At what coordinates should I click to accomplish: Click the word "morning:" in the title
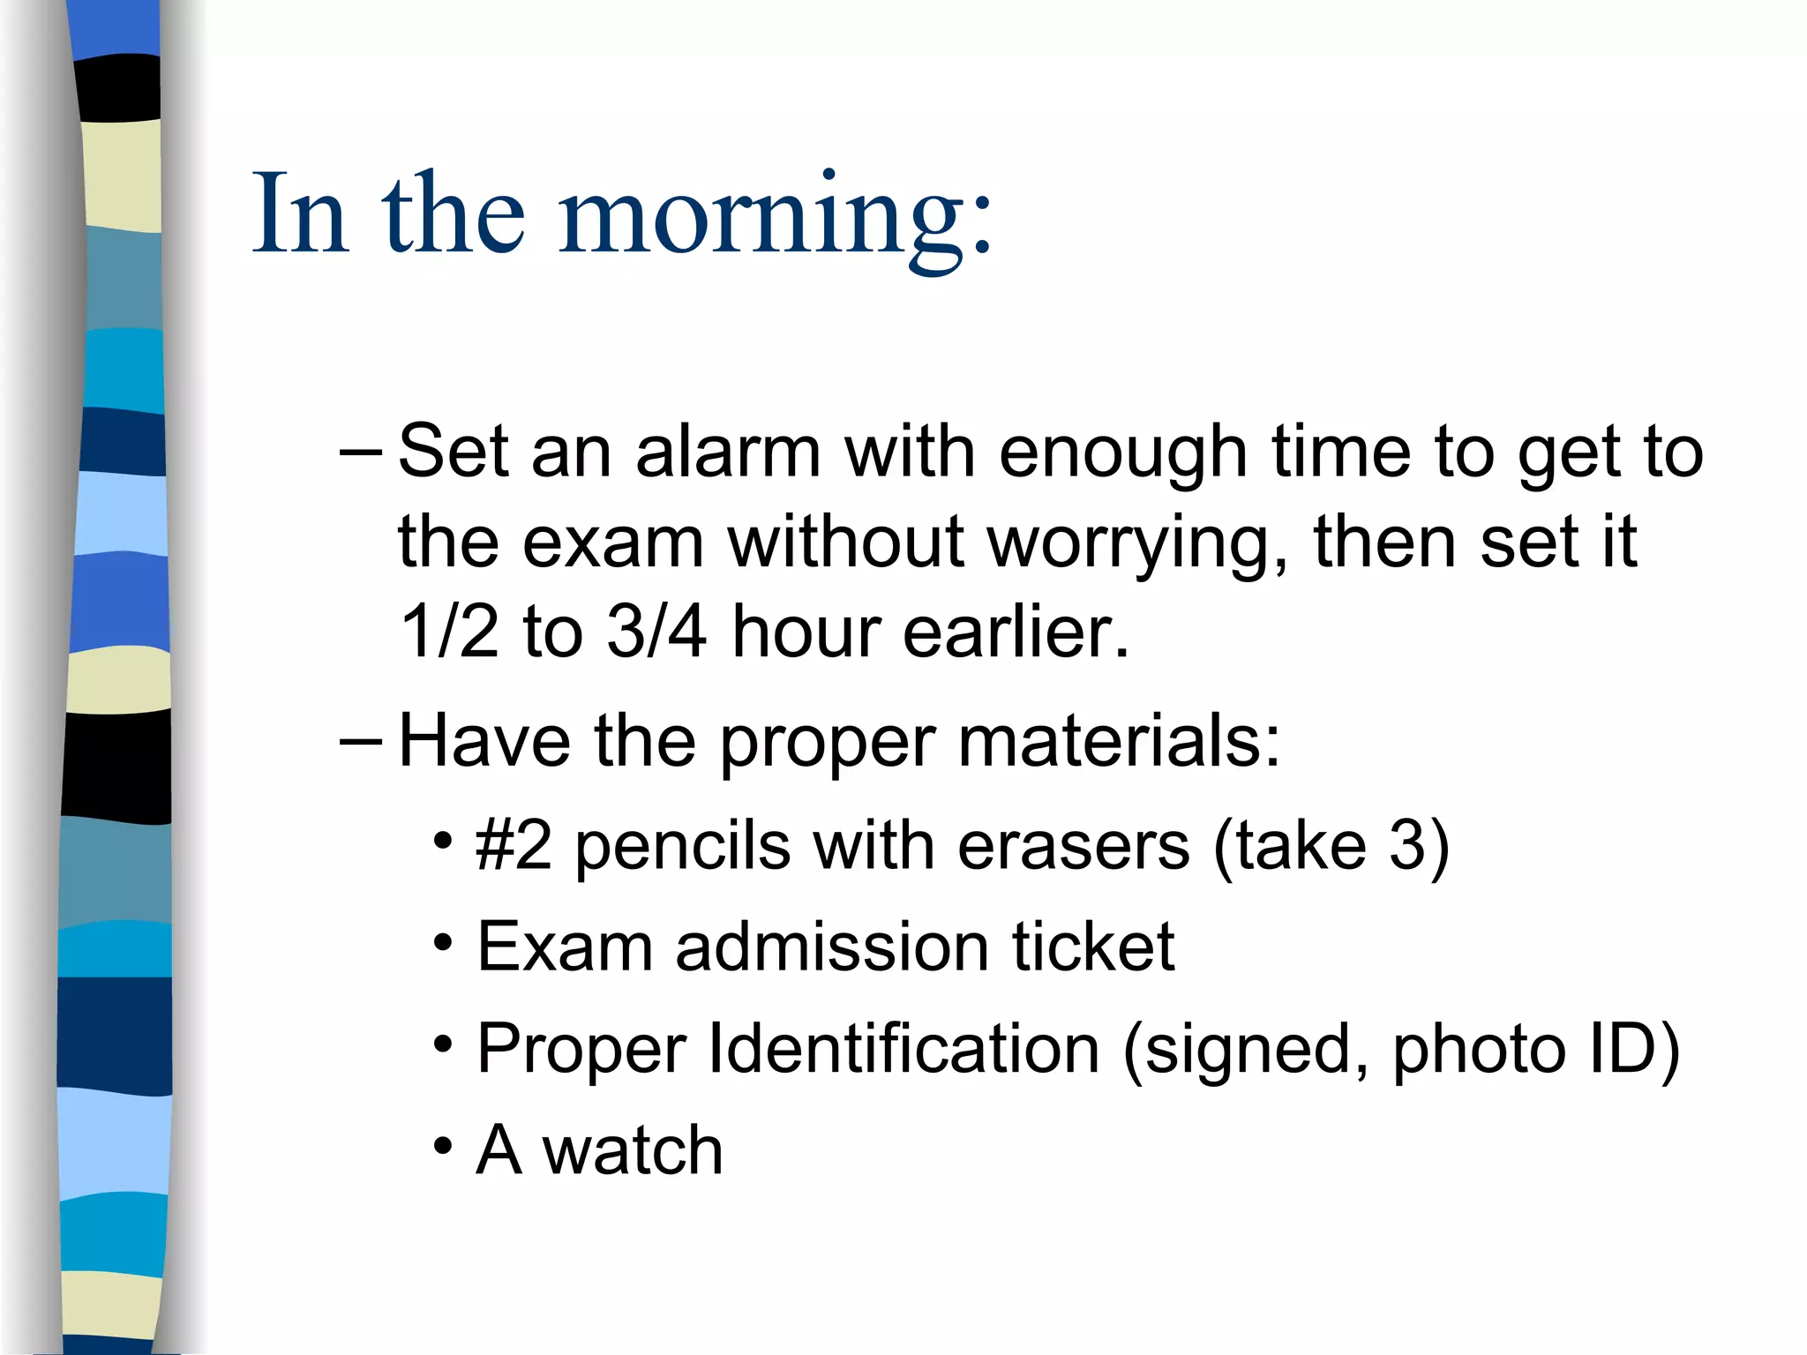[776, 216]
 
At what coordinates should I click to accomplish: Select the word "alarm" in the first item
[728, 452]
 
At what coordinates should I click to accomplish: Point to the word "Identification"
[903, 1049]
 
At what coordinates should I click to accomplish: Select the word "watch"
[632, 1151]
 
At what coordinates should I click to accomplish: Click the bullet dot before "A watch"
[443, 1148]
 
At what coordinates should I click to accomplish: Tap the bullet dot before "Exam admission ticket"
[443, 943]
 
